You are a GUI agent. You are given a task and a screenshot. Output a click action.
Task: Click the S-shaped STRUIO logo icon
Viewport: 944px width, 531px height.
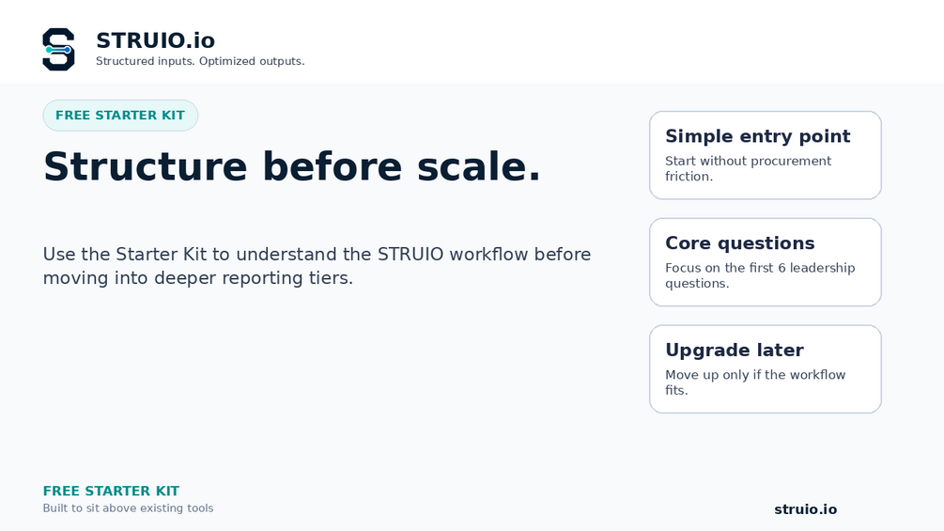[x=58, y=50]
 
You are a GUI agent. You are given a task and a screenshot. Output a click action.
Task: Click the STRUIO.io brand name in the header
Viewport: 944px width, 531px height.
[x=155, y=40]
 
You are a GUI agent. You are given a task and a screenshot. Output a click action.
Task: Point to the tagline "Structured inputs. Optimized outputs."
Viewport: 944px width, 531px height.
[x=200, y=61]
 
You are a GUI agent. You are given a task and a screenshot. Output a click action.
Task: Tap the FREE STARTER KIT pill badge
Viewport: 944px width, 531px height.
[x=120, y=115]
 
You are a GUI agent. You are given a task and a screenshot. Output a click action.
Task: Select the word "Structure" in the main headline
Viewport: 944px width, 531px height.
[x=145, y=166]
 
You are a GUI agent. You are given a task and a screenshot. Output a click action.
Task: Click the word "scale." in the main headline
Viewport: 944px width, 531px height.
[x=479, y=166]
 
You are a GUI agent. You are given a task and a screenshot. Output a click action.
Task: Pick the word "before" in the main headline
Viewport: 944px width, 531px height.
[x=332, y=166]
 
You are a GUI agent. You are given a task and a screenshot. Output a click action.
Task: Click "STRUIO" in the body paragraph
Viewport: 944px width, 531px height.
[x=410, y=254]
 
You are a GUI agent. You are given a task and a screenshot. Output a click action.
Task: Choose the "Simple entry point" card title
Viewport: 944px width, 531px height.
[x=757, y=136]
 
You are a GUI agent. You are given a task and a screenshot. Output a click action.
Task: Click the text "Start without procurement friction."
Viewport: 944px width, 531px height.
[x=748, y=168]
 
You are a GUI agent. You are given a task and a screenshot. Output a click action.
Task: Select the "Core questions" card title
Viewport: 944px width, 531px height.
[x=739, y=242]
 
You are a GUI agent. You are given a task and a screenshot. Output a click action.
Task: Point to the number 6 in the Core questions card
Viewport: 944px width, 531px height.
[x=782, y=268]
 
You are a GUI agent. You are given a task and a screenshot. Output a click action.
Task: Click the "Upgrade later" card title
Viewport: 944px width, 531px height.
[x=734, y=350]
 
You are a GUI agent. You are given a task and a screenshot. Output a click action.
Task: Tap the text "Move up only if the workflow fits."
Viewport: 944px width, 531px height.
[x=755, y=383]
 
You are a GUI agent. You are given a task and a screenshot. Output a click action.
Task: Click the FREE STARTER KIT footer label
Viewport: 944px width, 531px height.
[x=111, y=491]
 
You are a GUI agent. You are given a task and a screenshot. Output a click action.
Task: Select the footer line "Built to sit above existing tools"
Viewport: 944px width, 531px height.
[x=128, y=508]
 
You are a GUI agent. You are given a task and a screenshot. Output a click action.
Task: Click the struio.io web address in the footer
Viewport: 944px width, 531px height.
[x=805, y=509]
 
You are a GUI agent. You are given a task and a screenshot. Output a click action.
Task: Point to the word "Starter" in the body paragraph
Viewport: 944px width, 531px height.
[x=144, y=254]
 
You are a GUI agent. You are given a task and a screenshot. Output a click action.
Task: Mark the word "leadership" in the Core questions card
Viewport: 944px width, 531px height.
[x=822, y=268]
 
